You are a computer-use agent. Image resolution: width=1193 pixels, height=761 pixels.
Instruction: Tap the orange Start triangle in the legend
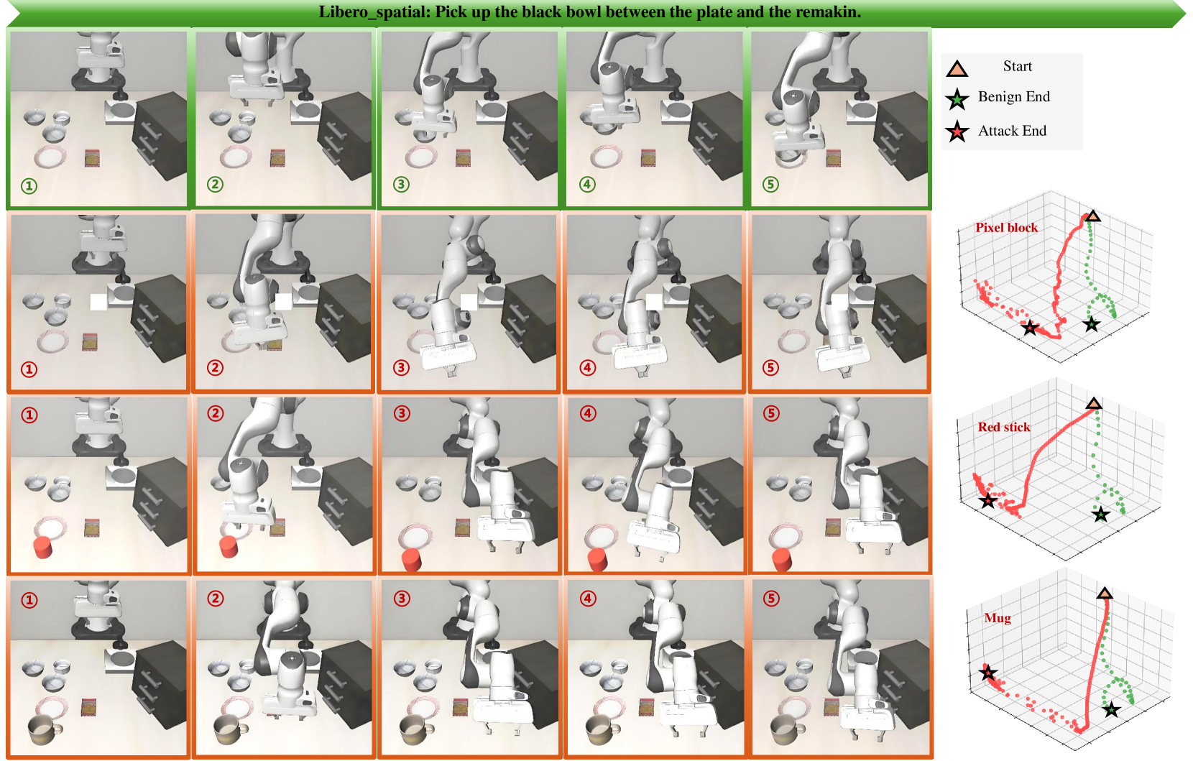point(957,68)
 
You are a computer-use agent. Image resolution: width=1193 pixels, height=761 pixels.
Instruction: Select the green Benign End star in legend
point(957,99)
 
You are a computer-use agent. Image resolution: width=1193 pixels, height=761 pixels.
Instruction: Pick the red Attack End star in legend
point(957,132)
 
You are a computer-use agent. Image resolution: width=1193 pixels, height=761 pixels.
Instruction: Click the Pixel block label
point(1006,227)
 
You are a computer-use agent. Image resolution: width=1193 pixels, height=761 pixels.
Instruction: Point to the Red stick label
point(1003,427)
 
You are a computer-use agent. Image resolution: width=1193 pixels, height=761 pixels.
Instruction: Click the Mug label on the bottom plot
point(997,618)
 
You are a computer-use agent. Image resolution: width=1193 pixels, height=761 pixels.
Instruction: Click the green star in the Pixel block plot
point(1091,324)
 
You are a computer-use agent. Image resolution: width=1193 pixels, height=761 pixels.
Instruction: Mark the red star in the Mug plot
point(988,673)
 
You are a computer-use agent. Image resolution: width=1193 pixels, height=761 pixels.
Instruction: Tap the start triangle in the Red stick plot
point(1093,403)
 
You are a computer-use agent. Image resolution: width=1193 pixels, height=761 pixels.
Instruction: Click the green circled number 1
point(29,186)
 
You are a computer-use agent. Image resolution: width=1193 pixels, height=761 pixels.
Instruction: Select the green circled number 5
point(770,184)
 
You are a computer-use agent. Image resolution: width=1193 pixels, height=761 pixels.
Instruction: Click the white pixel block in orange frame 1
point(98,302)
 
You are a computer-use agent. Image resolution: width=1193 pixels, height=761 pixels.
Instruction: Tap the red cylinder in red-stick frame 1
point(42,548)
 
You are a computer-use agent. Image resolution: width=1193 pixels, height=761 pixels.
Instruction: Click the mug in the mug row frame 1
point(45,730)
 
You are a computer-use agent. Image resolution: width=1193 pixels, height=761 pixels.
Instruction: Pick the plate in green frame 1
point(50,157)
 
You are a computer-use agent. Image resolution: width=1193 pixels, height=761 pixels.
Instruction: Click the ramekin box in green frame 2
point(277,158)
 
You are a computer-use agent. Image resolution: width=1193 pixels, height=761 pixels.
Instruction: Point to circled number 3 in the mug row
point(402,598)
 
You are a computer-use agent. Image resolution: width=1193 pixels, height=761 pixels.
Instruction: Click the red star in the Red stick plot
point(988,501)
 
